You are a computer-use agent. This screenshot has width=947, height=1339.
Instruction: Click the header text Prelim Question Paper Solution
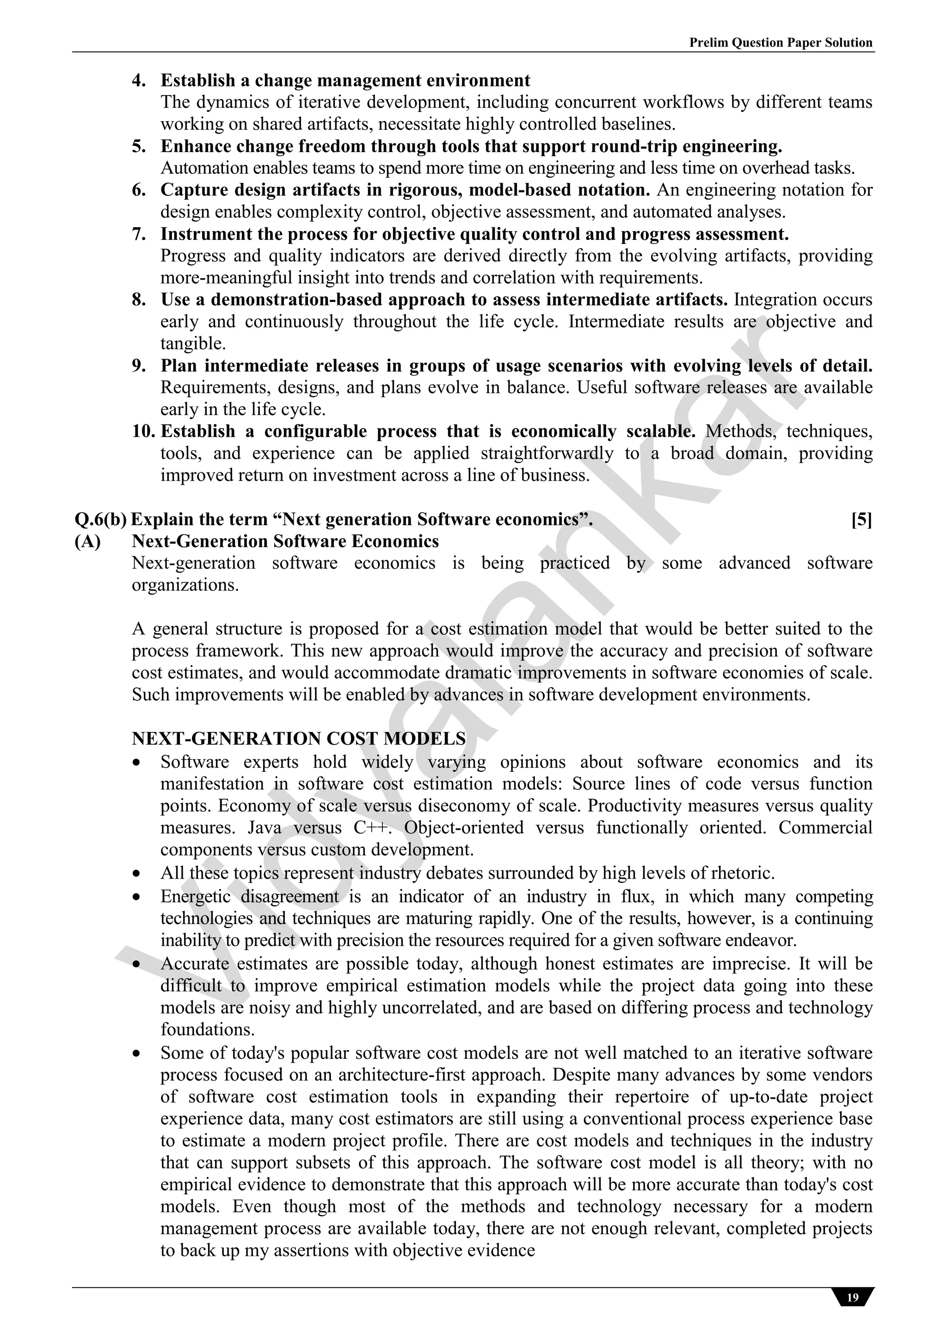point(781,43)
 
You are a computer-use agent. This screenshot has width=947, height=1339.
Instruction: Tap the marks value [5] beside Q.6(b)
point(861,519)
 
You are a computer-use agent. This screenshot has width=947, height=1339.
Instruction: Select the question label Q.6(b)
point(100,519)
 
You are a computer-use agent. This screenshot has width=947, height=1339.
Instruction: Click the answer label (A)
point(87,541)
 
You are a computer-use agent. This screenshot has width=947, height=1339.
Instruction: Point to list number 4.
point(139,80)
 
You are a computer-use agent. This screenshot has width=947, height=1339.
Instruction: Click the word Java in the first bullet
point(265,827)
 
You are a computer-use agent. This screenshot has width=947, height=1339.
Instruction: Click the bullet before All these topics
point(136,874)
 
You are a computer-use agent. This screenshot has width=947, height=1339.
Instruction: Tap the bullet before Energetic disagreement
point(136,896)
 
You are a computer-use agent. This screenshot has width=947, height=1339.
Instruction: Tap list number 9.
point(139,366)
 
